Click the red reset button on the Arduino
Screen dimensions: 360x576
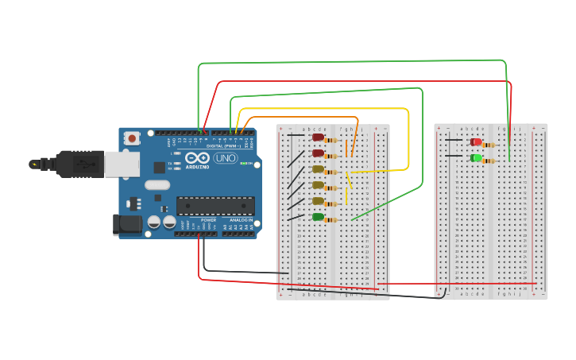point(132,138)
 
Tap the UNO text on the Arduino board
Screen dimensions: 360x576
point(225,158)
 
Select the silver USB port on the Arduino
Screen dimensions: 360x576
point(122,164)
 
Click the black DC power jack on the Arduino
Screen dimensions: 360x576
point(126,225)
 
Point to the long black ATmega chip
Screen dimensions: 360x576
point(215,206)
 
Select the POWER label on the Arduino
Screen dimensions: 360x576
point(208,220)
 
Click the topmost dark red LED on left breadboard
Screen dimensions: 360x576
point(318,137)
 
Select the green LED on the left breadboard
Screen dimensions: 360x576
point(318,217)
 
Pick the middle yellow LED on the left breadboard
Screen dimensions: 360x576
point(318,185)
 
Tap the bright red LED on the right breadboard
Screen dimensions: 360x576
point(476,142)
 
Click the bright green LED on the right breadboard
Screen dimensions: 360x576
point(476,158)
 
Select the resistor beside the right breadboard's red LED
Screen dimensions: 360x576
point(489,145)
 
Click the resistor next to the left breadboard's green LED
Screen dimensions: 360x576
point(331,220)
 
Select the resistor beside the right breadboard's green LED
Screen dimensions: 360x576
point(489,161)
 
